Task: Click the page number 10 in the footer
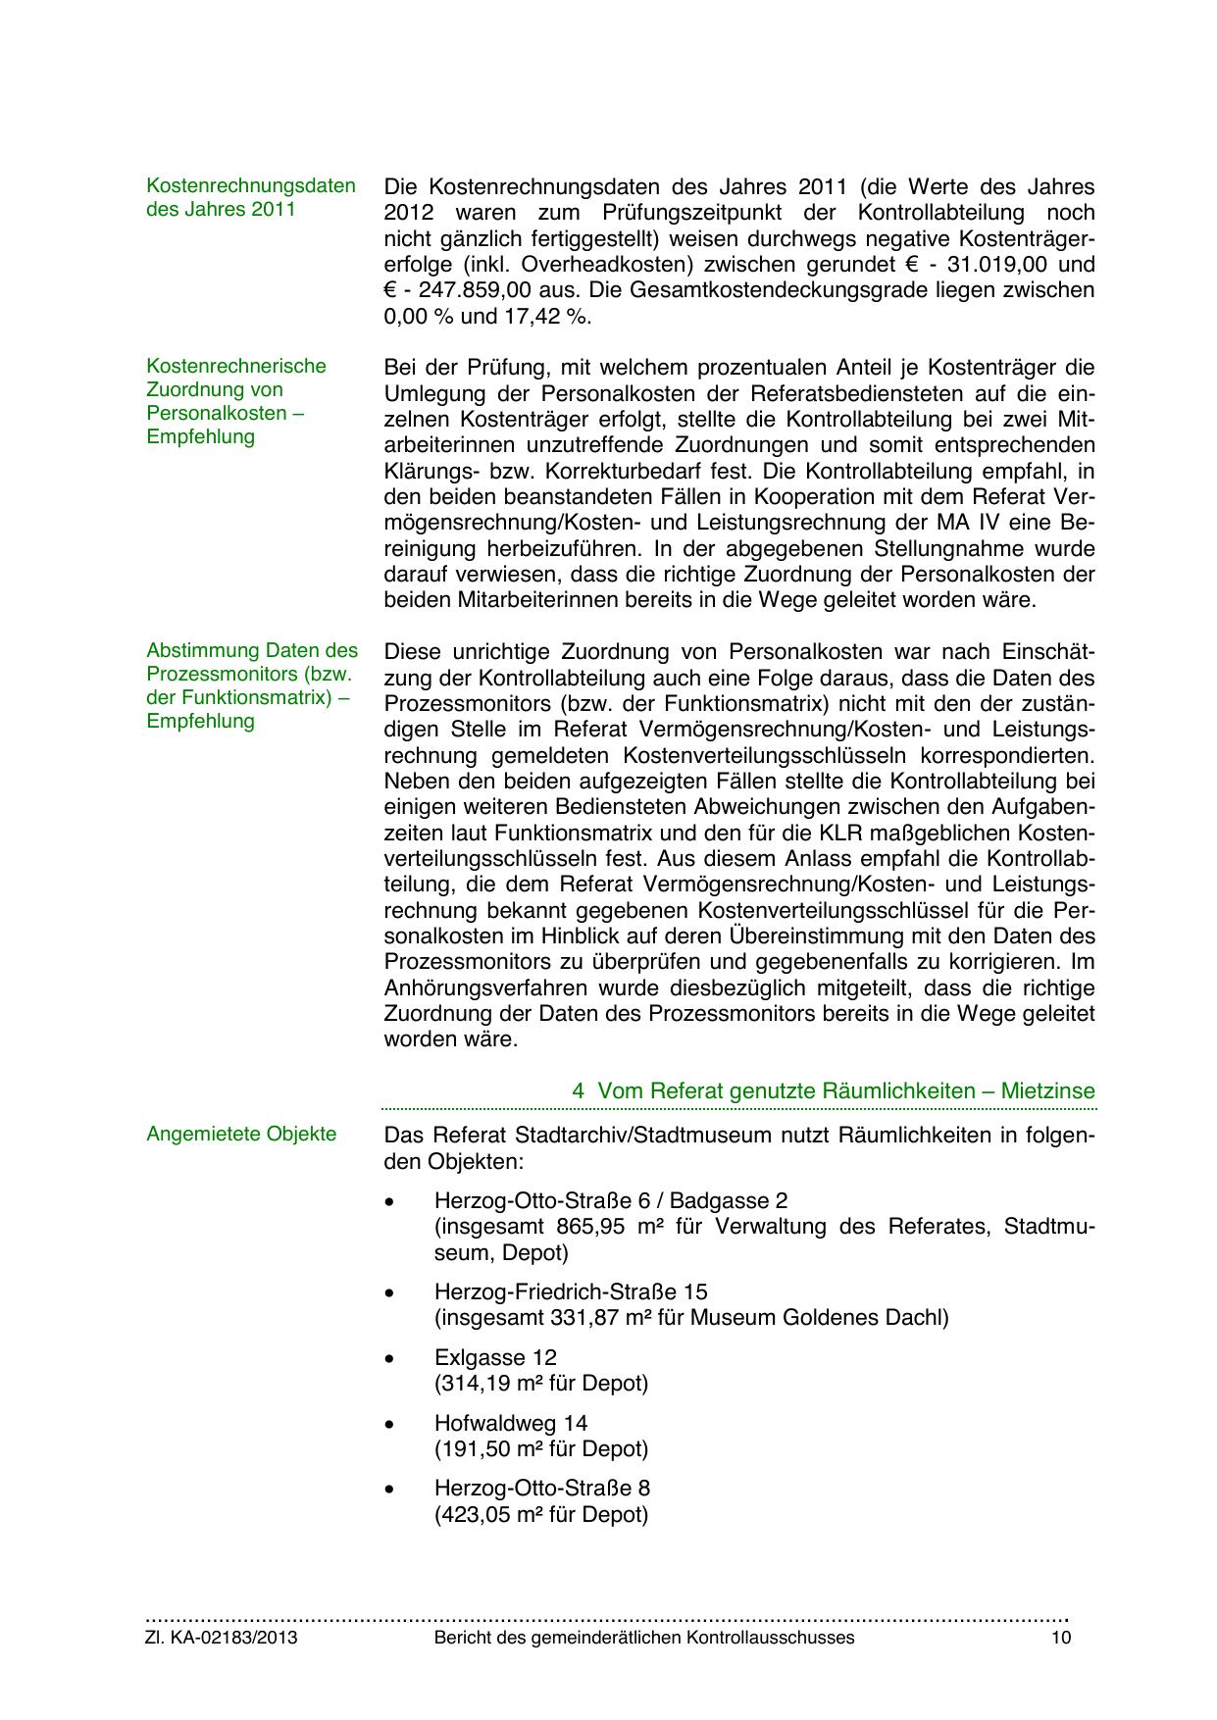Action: tap(1061, 1638)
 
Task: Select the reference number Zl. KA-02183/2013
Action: tap(222, 1638)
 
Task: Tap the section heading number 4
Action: tap(579, 1091)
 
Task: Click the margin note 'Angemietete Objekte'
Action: tap(241, 1135)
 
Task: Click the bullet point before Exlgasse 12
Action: tap(390, 1359)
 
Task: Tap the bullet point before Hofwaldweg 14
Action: tap(390, 1425)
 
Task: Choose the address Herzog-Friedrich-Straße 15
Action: tap(571, 1292)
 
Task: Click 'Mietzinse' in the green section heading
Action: tap(1047, 1091)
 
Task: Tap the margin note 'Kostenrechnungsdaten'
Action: tap(251, 186)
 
